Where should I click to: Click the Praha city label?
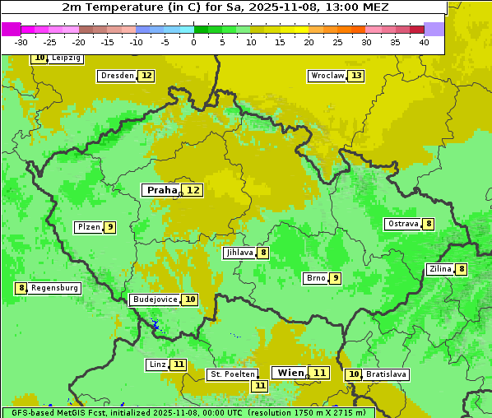[161, 190]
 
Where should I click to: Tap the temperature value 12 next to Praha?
[193, 190]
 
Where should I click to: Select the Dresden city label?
[117, 76]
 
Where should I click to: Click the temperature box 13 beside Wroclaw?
[355, 76]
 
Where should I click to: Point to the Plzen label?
[88, 227]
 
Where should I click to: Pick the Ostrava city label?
[402, 224]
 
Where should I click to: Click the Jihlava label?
[239, 253]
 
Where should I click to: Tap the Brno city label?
[315, 278]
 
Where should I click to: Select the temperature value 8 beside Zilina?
[462, 269]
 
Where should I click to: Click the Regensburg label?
[55, 288]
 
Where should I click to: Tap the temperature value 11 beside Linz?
[179, 365]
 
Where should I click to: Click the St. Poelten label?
[232, 374]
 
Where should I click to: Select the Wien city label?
[290, 373]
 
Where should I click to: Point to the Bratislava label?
[387, 374]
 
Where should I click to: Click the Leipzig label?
[66, 58]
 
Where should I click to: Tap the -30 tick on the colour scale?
[21, 42]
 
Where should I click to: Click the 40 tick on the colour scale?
[424, 42]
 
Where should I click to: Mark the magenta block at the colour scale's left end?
[12, 29]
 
